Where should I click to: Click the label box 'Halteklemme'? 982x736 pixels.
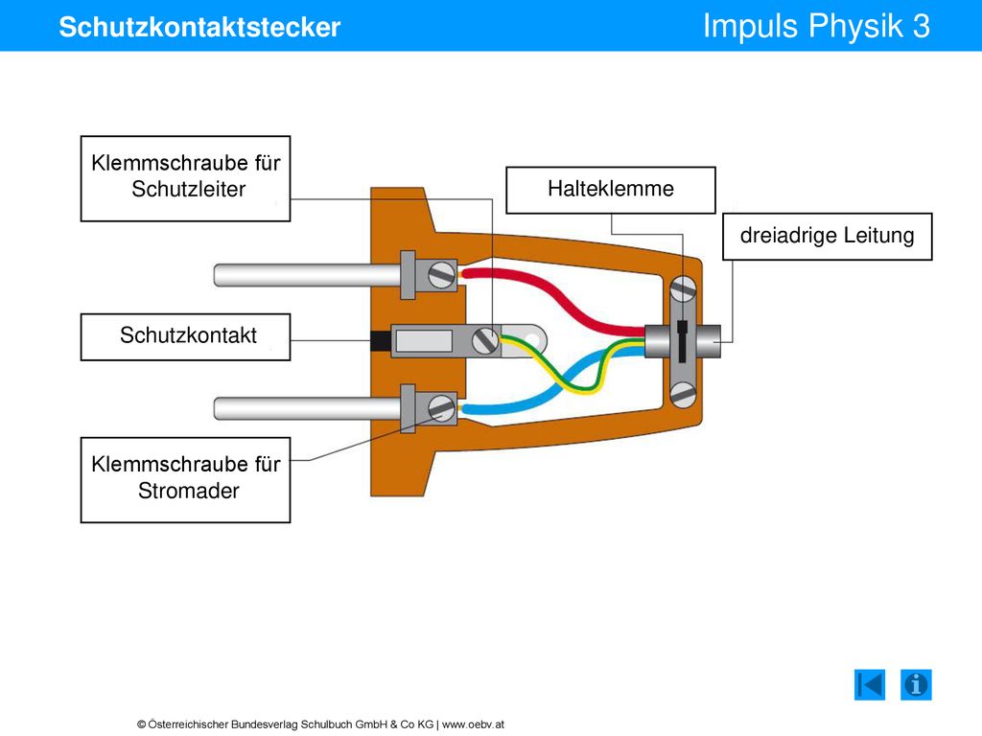[611, 191]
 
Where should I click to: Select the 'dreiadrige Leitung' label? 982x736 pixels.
[828, 237]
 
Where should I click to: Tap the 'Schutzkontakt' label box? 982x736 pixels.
[185, 336]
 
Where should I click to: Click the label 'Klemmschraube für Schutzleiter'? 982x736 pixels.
[185, 178]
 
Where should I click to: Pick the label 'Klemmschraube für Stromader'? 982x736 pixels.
[185, 480]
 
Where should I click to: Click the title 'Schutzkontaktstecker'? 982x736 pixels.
[199, 27]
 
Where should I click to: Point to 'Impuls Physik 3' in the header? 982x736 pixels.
[816, 26]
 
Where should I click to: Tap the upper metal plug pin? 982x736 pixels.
[308, 275]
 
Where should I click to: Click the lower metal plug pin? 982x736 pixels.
[308, 408]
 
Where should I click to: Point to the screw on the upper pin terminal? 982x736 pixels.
[441, 275]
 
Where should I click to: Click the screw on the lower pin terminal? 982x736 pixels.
[441, 408]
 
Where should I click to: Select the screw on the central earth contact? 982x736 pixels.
[485, 340]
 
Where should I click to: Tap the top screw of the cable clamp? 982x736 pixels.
[683, 289]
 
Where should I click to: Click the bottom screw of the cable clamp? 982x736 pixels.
[683, 395]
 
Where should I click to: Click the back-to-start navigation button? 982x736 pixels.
[870, 684]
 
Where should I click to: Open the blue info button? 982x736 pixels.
[916, 684]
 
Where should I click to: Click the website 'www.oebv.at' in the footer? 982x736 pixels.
[473, 724]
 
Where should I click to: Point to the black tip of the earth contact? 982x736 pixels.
[381, 341]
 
